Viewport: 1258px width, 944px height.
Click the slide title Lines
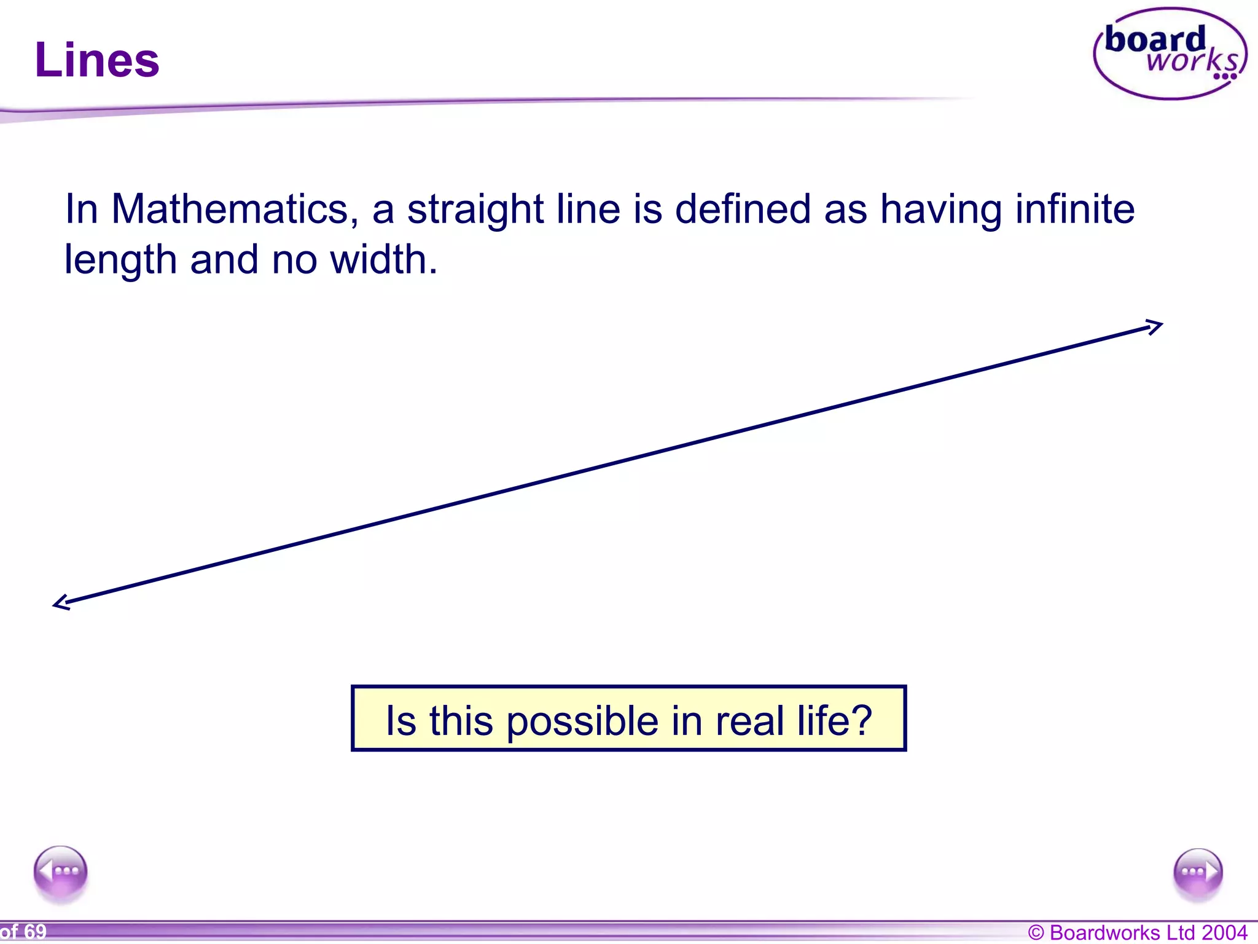[97, 60]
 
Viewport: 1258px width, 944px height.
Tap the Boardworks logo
[1170, 54]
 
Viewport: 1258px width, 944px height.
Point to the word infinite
[1074, 209]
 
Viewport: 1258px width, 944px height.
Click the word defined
[743, 209]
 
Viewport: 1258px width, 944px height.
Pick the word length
[120, 261]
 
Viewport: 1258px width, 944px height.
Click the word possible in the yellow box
[582, 722]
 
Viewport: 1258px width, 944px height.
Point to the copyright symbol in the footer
[1036, 933]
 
